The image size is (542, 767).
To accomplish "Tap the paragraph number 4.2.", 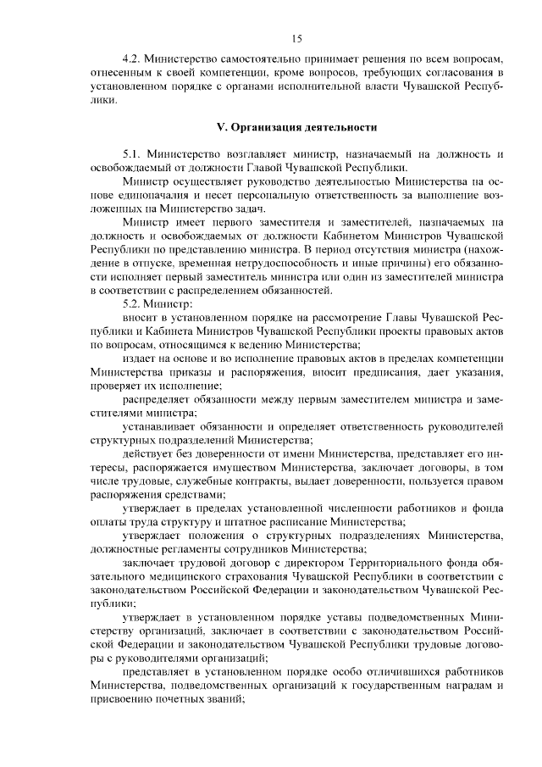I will (x=132, y=60).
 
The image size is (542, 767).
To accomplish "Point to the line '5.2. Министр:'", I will (x=158, y=304).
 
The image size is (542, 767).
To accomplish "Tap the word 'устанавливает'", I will (x=159, y=425).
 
